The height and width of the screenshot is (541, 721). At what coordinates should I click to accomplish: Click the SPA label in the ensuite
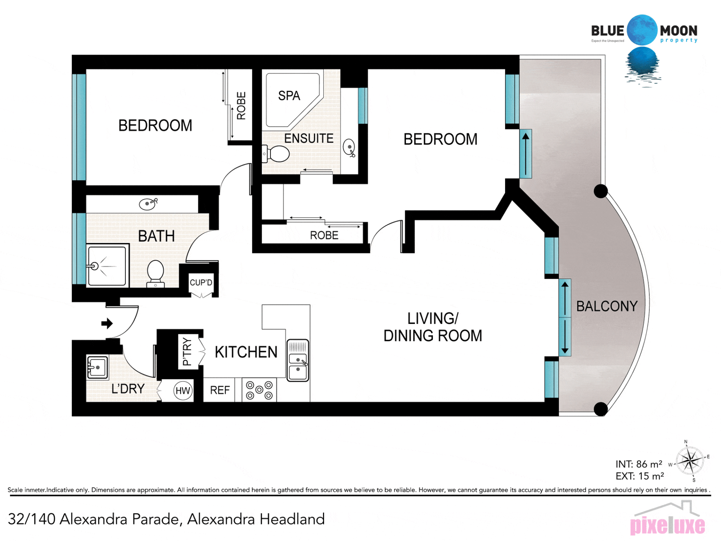click(x=289, y=96)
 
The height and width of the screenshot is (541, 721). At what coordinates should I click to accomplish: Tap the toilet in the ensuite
click(x=276, y=154)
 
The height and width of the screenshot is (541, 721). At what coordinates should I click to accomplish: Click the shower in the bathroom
click(x=107, y=266)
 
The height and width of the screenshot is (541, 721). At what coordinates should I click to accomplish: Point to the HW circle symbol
click(x=183, y=391)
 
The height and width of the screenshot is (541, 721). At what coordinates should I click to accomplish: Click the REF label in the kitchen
click(x=220, y=390)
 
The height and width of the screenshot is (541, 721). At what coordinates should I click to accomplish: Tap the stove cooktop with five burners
click(x=259, y=390)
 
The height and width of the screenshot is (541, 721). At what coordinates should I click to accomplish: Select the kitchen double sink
click(x=298, y=361)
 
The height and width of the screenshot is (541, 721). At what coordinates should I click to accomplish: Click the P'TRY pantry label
click(x=187, y=352)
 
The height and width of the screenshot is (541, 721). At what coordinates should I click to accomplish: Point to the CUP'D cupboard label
click(x=201, y=283)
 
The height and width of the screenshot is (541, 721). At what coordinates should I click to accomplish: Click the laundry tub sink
click(x=97, y=367)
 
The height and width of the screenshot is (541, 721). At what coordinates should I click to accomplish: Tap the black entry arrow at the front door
click(x=107, y=323)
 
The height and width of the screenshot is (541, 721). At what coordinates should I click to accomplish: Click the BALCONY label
click(x=607, y=306)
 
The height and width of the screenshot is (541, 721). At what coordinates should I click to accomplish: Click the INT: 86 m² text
click(x=639, y=464)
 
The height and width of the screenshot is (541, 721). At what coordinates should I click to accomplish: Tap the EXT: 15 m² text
click(x=640, y=476)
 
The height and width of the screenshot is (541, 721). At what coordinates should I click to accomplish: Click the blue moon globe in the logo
click(x=642, y=30)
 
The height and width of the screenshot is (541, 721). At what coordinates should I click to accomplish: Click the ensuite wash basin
click(x=350, y=148)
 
